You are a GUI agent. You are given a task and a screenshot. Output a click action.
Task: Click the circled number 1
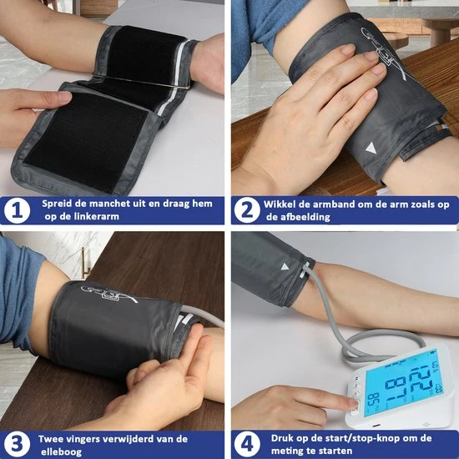17,211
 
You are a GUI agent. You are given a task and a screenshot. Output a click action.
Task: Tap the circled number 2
247,210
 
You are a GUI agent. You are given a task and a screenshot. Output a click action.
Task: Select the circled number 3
17,444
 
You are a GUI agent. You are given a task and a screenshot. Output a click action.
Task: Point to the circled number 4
247,444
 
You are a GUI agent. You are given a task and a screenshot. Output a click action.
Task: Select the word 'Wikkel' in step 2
278,204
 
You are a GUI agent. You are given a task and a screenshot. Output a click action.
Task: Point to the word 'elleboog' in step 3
61,452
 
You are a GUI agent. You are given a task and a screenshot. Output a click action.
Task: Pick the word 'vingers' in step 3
81,439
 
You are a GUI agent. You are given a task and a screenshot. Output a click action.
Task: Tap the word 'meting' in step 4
285,451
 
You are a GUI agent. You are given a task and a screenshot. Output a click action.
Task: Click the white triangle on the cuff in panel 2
371,148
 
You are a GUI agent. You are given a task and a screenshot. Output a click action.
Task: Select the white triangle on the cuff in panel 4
285,267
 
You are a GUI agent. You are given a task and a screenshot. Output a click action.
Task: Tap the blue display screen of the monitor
405,383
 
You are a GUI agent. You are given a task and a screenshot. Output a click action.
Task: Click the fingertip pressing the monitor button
352,404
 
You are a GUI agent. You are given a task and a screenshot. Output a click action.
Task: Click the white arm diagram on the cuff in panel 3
109,294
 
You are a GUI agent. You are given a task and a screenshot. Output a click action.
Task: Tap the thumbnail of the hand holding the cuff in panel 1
65,96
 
